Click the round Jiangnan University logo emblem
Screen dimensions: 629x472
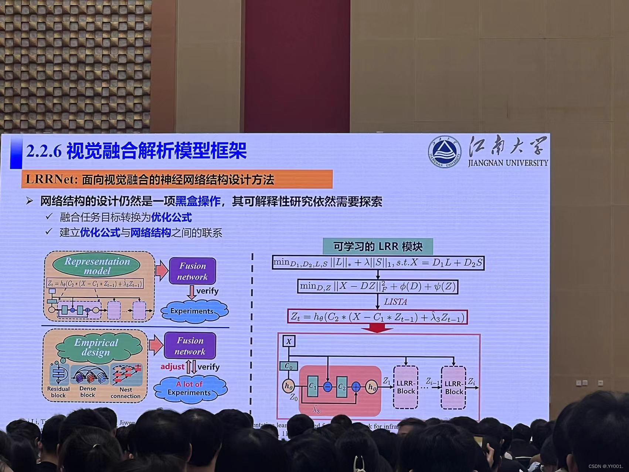point(445,152)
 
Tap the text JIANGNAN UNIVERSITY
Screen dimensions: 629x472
point(508,163)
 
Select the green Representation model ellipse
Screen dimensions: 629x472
point(97,266)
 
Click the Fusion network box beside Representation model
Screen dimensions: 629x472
point(192,271)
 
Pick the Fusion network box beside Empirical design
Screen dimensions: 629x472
point(190,346)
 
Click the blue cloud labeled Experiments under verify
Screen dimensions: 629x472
point(192,311)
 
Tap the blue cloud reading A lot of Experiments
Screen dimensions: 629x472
point(189,388)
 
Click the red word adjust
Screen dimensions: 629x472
point(172,367)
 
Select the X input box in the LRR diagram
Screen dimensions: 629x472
point(289,341)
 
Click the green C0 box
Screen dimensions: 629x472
point(289,366)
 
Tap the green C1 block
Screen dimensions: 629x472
point(313,387)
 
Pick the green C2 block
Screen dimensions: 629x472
point(342,387)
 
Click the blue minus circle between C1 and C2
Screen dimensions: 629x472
point(327,387)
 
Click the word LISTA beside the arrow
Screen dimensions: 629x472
point(395,302)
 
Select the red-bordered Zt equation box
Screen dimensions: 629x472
point(377,317)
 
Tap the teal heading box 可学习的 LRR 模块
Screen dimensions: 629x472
point(377,246)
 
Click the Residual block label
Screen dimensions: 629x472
point(58,392)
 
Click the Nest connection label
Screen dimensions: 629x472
point(126,392)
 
